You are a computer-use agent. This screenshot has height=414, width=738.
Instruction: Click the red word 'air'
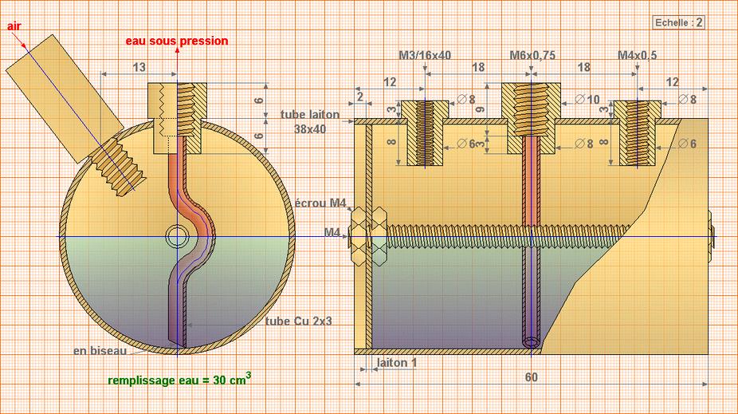click(14, 26)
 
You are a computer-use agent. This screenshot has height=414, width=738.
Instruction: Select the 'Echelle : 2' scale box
click(678, 22)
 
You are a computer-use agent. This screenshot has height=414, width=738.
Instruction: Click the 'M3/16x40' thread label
click(424, 55)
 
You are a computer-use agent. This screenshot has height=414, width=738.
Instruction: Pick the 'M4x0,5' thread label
click(638, 55)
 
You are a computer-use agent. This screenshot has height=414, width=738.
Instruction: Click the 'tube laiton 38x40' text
click(310, 121)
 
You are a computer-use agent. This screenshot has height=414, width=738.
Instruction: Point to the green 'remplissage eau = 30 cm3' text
click(179, 380)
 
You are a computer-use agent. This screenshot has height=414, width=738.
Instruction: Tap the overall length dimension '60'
click(532, 376)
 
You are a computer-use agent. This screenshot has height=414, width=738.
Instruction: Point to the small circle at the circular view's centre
click(175, 237)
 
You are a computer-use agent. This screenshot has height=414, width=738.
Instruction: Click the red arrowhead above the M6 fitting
click(177, 50)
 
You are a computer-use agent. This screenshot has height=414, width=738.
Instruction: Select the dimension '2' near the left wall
click(360, 97)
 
